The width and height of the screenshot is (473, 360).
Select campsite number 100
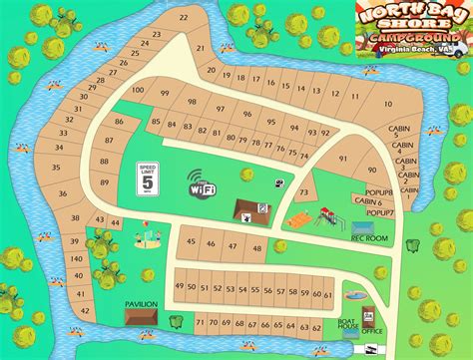coord(138,91)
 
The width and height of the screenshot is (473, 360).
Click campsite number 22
coord(185,17)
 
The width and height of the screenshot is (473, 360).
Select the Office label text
coord(373,331)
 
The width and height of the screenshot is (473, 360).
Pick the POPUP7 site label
coord(380,212)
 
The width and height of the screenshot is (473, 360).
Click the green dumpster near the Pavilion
coord(177,321)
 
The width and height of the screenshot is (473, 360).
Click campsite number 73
coord(303,191)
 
